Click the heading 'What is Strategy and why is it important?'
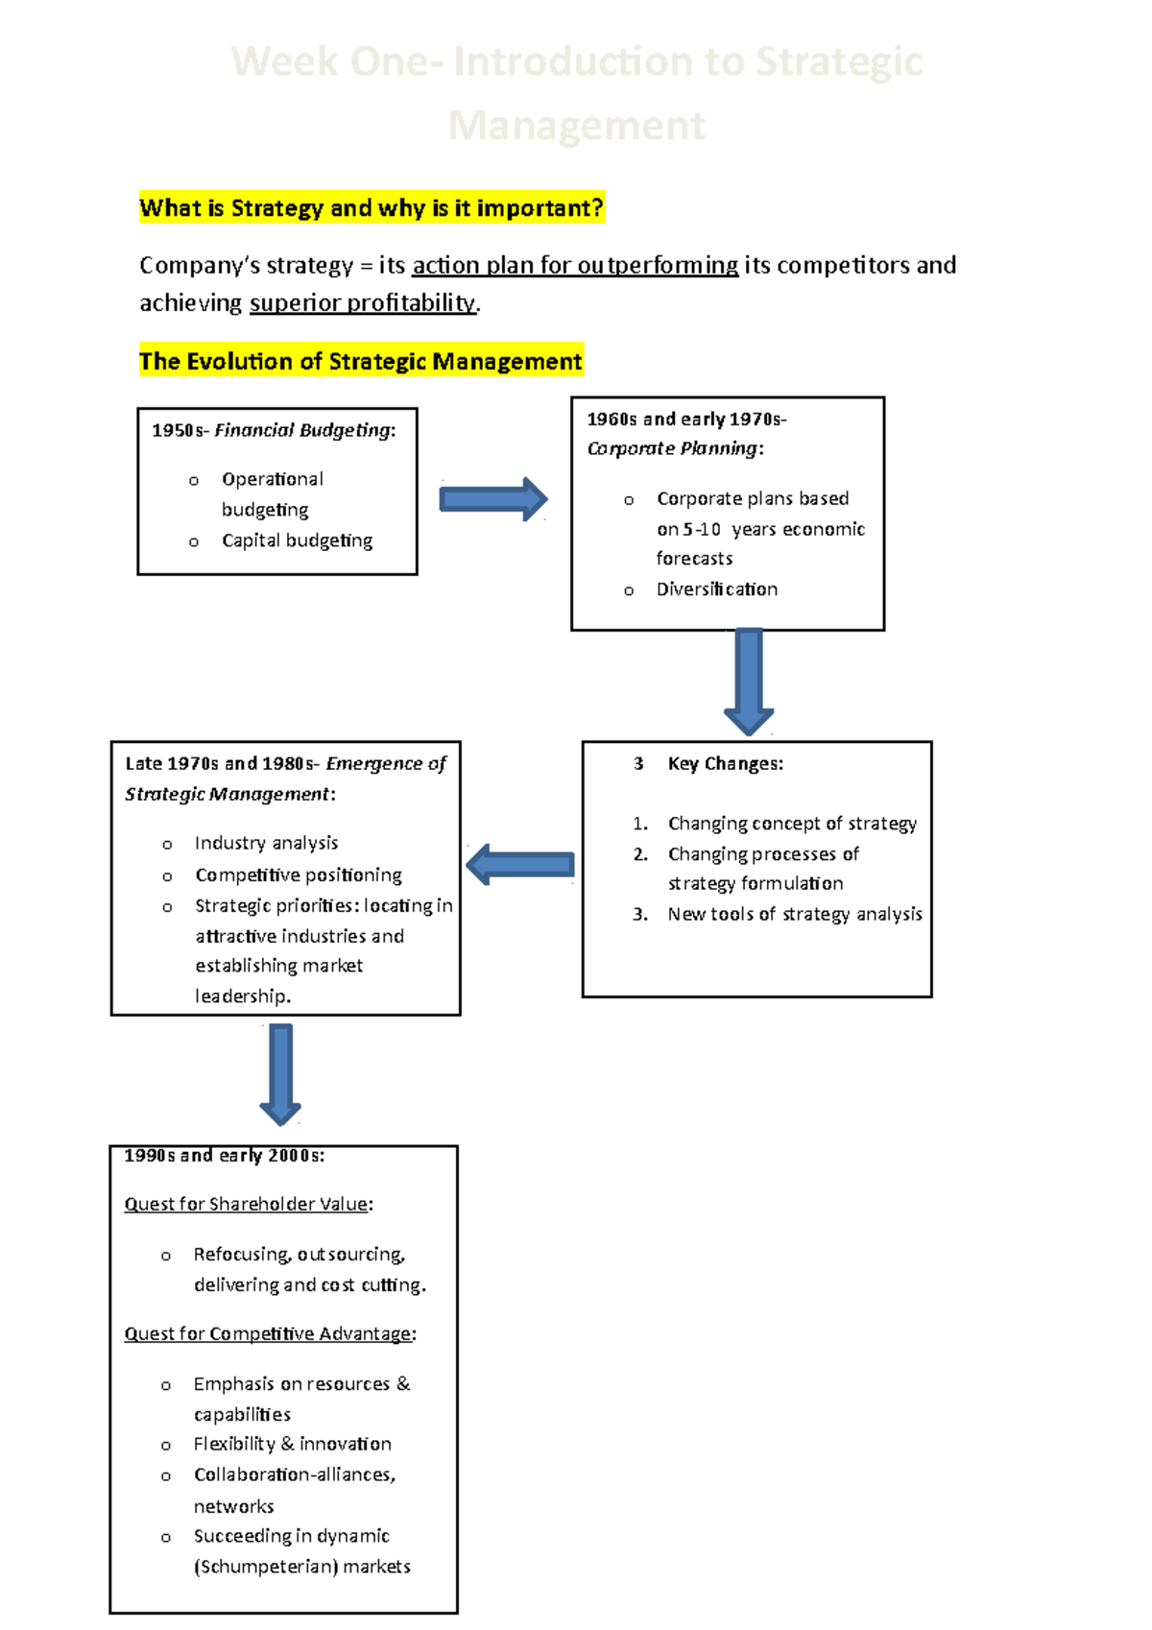click(x=371, y=208)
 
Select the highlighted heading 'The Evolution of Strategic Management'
click(x=360, y=362)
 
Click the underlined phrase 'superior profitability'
click(x=363, y=303)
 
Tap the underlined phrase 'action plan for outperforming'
click(x=575, y=266)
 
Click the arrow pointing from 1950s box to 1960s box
click(x=492, y=499)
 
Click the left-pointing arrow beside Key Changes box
click(x=520, y=865)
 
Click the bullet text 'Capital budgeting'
click(x=297, y=540)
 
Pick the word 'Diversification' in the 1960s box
click(x=717, y=589)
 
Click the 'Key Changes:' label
click(x=726, y=764)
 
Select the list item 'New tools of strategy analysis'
click(x=795, y=915)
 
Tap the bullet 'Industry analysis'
click(x=266, y=843)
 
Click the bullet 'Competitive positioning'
click(x=299, y=875)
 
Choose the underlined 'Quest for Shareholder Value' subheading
click(x=248, y=1205)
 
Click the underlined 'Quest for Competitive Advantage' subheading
click(x=270, y=1334)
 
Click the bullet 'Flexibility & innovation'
click(x=292, y=1445)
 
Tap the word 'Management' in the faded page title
click(x=576, y=126)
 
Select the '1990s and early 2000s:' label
click(x=224, y=1156)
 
